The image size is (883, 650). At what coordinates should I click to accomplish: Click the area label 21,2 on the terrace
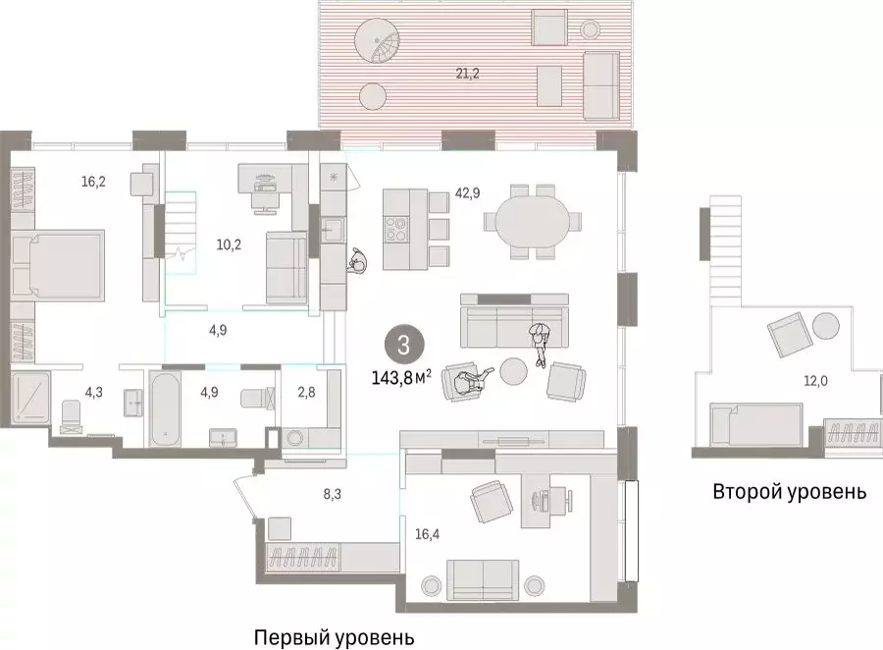pyautogui.click(x=467, y=74)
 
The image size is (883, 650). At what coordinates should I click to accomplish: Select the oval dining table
pyautogui.click(x=531, y=221)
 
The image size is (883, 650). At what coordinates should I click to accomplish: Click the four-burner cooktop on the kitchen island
pyautogui.click(x=397, y=230)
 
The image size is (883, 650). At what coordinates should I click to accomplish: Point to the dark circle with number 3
pyautogui.click(x=404, y=345)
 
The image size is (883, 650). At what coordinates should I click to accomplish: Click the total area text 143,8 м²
pyautogui.click(x=401, y=377)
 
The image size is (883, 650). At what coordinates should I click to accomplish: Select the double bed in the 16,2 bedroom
pyautogui.click(x=58, y=264)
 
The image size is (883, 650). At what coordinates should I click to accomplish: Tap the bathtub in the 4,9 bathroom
pyautogui.click(x=165, y=408)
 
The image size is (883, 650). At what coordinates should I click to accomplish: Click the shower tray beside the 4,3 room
pyautogui.click(x=31, y=397)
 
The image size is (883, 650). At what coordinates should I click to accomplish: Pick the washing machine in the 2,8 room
pyautogui.click(x=294, y=439)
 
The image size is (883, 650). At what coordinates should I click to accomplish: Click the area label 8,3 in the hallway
pyautogui.click(x=333, y=495)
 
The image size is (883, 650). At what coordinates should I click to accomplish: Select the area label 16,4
pyautogui.click(x=428, y=534)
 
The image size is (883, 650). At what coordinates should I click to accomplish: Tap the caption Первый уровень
pyautogui.click(x=335, y=637)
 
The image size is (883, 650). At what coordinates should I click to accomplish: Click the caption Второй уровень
pyautogui.click(x=790, y=492)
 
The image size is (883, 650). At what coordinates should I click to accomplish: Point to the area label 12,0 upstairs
pyautogui.click(x=815, y=381)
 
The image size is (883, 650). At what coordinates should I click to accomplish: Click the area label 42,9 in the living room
pyautogui.click(x=467, y=192)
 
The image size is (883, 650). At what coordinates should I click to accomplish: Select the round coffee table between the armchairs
pyautogui.click(x=513, y=371)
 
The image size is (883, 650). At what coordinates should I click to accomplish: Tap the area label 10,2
pyautogui.click(x=229, y=244)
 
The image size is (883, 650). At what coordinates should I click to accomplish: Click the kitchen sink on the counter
pyautogui.click(x=334, y=230)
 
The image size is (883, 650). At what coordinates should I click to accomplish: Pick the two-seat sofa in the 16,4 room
pyautogui.click(x=483, y=580)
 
